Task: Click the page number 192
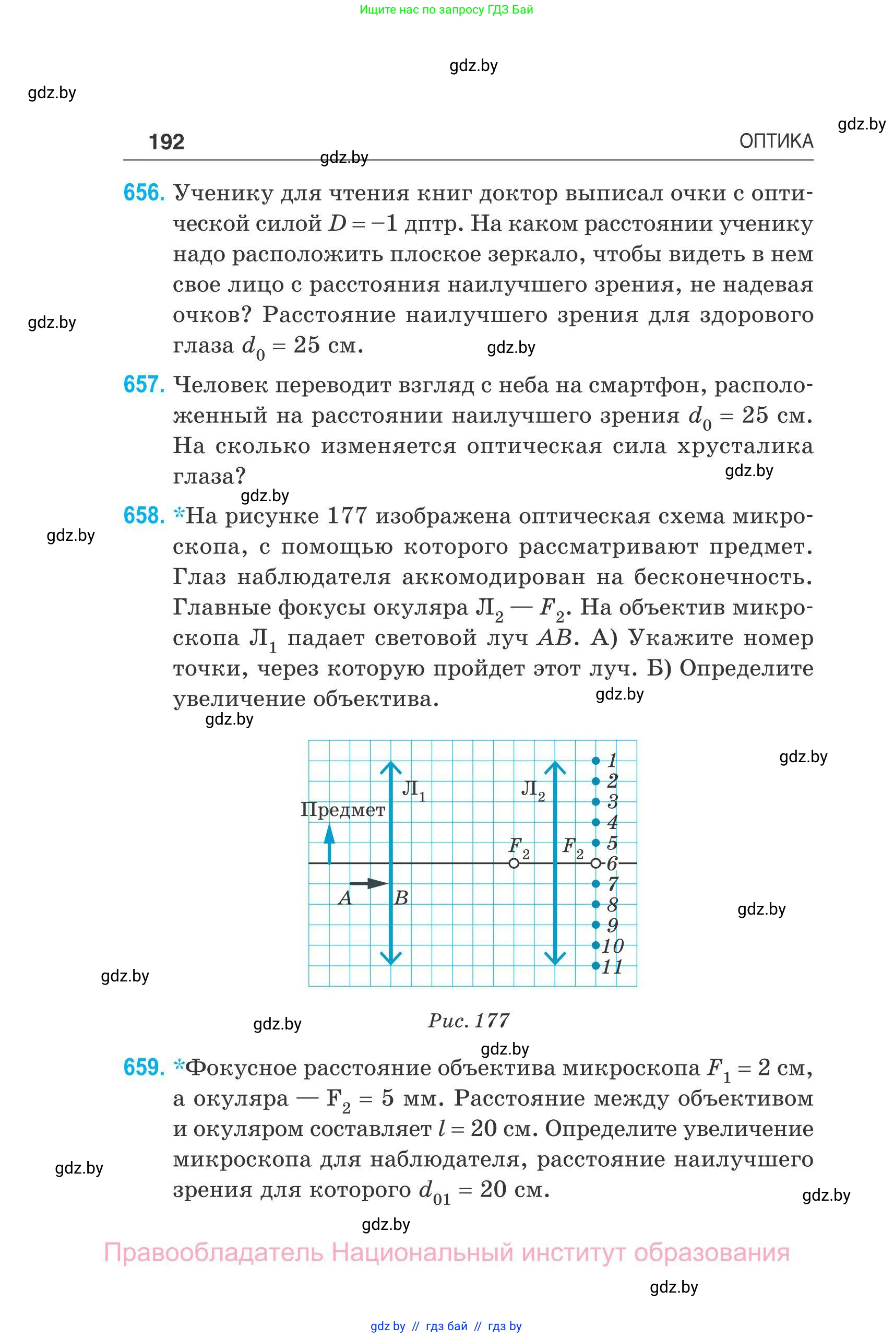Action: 166,141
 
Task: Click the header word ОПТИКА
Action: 776,141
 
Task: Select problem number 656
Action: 144,193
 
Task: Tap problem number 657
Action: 144,385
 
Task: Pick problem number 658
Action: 144,516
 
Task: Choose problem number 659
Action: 144,1067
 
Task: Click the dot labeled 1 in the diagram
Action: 596,760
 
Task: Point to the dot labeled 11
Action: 596,966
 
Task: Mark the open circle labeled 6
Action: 596,863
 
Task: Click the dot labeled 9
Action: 596,925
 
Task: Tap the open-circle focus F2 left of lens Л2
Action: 514,863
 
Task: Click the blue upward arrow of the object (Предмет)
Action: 329,844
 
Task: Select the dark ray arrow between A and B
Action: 368,883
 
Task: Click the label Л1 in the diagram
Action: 413,790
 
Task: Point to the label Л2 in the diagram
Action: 532,790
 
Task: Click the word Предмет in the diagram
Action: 343,810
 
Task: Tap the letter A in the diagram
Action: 345,898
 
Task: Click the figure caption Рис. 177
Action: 469,1020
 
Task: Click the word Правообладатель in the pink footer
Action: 214,1252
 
